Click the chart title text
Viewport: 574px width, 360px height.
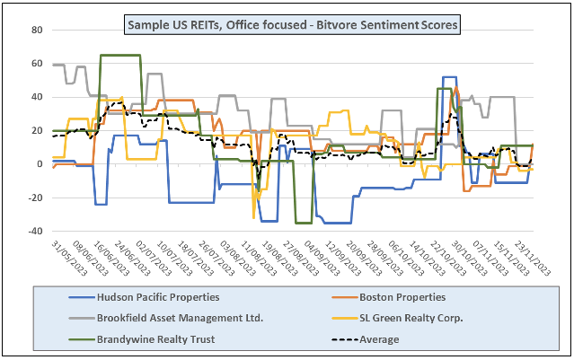coord(292,25)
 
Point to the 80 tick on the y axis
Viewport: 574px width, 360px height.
coord(36,31)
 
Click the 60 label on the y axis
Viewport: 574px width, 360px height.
coord(36,64)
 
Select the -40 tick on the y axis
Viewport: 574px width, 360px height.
coord(34,232)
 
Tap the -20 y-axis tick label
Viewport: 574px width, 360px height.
coord(34,198)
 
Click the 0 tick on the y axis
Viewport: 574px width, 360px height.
coord(39,164)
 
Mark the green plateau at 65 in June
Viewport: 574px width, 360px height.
coord(120,56)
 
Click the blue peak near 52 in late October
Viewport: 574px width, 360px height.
coord(449,77)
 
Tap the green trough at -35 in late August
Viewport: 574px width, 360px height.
coord(304,223)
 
